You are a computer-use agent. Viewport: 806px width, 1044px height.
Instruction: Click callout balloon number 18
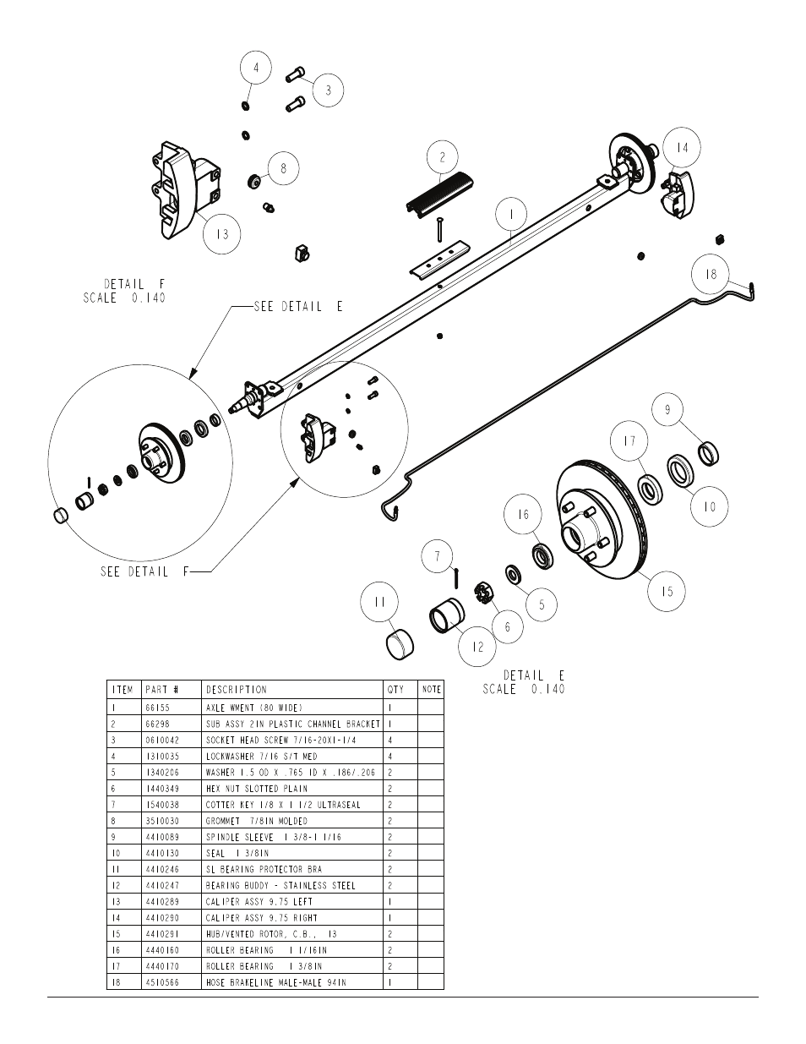tap(711, 275)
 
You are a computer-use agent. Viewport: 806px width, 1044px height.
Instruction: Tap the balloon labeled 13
tap(222, 234)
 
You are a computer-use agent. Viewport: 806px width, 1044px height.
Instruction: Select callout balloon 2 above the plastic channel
tap(442, 157)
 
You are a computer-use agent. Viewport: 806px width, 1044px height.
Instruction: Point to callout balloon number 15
tap(667, 592)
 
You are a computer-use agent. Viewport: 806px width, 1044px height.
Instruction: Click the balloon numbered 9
tap(667, 409)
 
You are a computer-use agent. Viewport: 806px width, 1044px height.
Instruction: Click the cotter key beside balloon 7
tap(456, 577)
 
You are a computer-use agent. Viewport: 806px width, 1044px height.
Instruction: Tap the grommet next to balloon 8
tap(254, 182)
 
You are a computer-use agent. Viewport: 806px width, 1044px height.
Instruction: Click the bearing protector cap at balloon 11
tap(400, 644)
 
